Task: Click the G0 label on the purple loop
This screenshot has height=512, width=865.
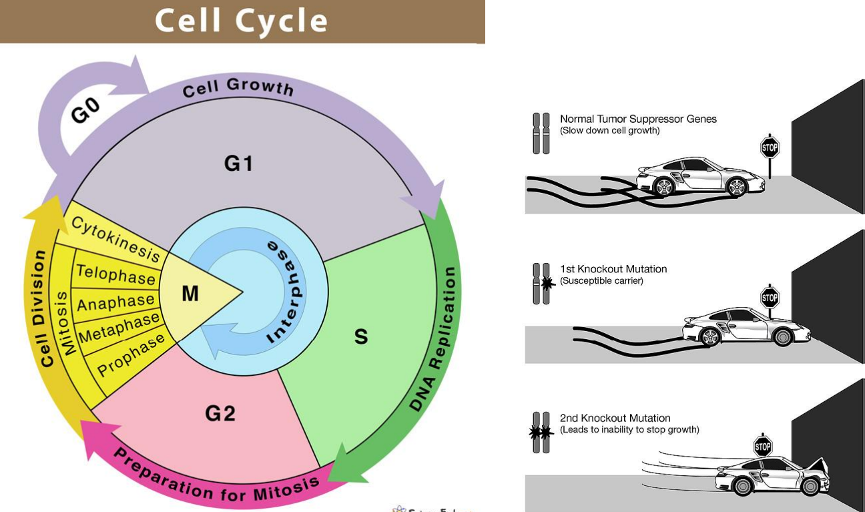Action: click(x=85, y=110)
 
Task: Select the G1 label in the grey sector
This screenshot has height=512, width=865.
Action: click(x=238, y=163)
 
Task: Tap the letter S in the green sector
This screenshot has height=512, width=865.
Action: click(x=360, y=336)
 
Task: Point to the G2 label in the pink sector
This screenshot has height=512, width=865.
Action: click(x=220, y=414)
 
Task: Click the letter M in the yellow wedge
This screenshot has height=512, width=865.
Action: click(x=190, y=293)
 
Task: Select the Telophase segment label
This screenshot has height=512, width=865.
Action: click(x=115, y=274)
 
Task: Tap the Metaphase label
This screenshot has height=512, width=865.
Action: click(x=119, y=327)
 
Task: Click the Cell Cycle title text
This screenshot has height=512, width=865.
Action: click(x=242, y=21)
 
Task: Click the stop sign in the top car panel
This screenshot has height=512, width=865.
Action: click(x=770, y=146)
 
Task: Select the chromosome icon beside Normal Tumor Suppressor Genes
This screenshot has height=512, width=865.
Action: click(x=541, y=133)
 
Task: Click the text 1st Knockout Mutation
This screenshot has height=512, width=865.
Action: click(x=613, y=269)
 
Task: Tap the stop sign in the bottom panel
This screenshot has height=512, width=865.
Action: click(x=763, y=446)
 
